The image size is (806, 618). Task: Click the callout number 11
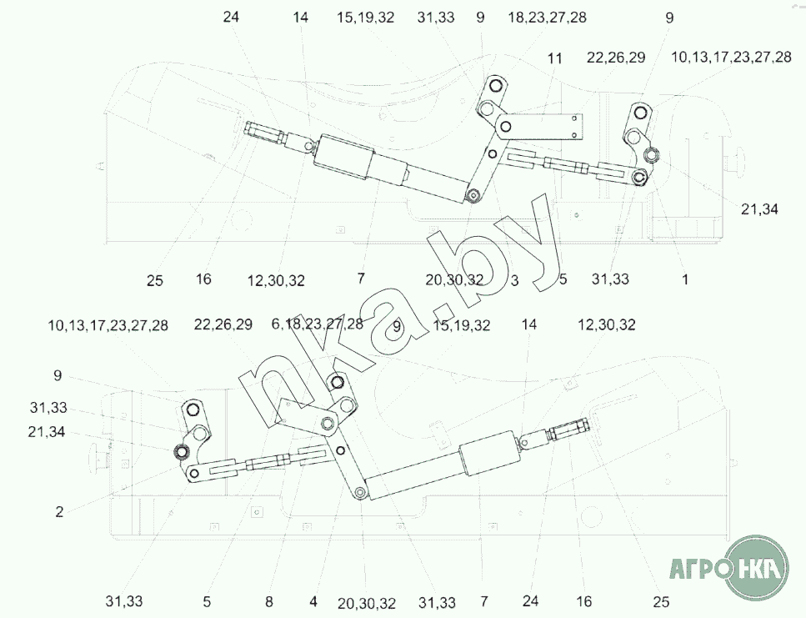[x=554, y=58]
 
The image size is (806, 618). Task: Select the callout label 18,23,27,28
[x=547, y=18]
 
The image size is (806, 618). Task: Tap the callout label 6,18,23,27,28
[x=318, y=324]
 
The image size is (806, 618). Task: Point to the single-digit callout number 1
[x=684, y=279]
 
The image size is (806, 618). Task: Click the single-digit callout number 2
[x=59, y=511]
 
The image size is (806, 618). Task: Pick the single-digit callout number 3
[x=514, y=280]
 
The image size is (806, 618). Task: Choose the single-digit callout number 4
[x=313, y=601]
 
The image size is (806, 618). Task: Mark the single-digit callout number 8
[x=269, y=601]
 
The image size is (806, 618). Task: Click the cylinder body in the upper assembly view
[x=344, y=158]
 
